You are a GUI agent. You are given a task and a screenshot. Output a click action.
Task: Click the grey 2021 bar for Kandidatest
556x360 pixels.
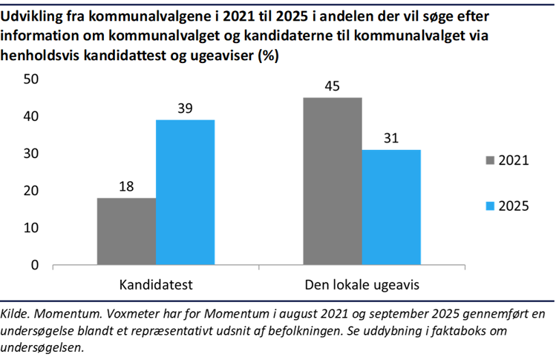[126, 231]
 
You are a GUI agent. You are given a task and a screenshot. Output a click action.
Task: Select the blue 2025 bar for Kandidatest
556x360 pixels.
[185, 192]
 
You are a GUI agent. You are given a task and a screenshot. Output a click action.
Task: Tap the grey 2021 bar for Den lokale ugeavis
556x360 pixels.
[333, 180]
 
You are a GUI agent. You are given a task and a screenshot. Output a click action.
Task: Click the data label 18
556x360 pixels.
[126, 186]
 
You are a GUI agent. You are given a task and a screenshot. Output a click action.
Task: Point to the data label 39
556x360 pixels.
[185, 108]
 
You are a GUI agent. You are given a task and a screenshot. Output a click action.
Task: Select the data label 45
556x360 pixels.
[333, 85]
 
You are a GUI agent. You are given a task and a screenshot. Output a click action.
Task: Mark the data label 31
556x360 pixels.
[391, 137]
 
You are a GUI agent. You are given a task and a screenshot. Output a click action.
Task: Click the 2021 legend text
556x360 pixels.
[513, 160]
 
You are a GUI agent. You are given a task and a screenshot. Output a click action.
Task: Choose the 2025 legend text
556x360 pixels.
[513, 206]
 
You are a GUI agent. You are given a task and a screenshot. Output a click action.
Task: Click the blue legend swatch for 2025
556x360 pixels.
[489, 206]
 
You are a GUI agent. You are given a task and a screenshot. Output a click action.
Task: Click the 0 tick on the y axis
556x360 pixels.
[34, 265]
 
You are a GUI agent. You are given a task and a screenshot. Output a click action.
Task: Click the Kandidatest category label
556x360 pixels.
[156, 285]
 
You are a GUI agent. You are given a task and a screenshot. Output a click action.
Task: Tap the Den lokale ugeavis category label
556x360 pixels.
[362, 285]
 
